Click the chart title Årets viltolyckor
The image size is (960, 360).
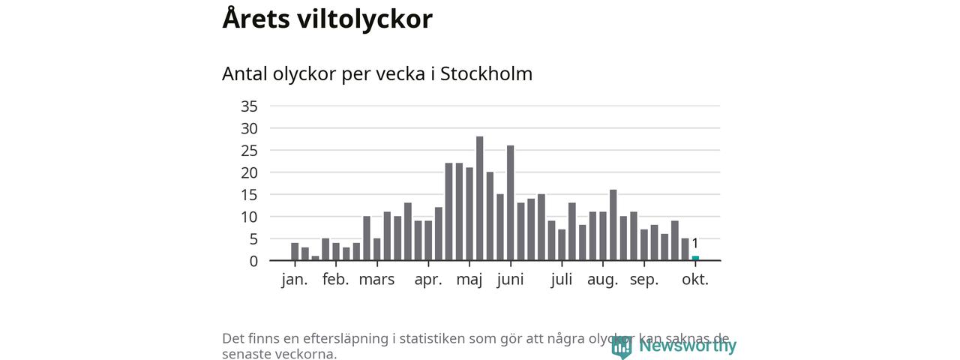(x=327, y=19)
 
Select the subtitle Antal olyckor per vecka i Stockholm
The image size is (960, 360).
(x=377, y=74)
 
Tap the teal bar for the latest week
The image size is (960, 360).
(x=695, y=258)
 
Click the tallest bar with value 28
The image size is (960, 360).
(x=480, y=198)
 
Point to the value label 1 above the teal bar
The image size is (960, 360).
(x=695, y=243)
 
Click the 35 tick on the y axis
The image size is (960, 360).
(x=249, y=106)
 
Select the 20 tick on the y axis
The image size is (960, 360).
(x=249, y=172)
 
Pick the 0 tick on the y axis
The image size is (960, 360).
(x=253, y=261)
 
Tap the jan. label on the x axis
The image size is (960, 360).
(x=295, y=280)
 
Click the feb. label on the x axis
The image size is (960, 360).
(x=336, y=280)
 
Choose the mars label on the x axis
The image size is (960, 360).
(x=376, y=280)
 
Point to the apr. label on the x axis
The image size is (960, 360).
(x=428, y=280)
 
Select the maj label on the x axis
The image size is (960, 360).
(x=469, y=280)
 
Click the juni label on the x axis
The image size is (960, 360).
(x=510, y=280)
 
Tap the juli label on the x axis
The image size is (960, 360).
(x=562, y=280)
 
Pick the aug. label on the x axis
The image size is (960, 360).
(x=602, y=280)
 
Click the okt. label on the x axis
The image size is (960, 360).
(x=695, y=280)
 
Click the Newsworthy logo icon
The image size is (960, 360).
(x=621, y=346)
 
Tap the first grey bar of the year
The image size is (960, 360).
(x=295, y=252)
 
